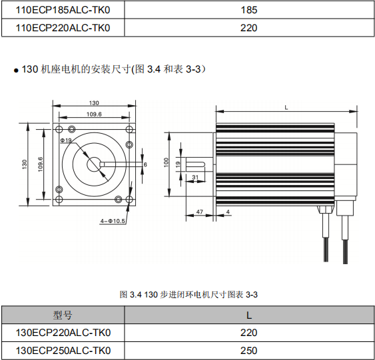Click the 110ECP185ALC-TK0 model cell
click(63, 10)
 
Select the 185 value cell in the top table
click(248, 10)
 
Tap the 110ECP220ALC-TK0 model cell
click(63, 27)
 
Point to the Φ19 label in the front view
click(66, 140)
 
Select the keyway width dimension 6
click(145, 164)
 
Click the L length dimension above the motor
click(286, 107)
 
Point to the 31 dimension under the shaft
click(195, 177)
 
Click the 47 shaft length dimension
click(199, 212)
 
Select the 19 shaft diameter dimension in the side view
click(178, 163)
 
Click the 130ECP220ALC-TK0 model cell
click(63, 333)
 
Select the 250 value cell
click(248, 350)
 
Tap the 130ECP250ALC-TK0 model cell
click(63, 350)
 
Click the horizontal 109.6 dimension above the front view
click(94, 114)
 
